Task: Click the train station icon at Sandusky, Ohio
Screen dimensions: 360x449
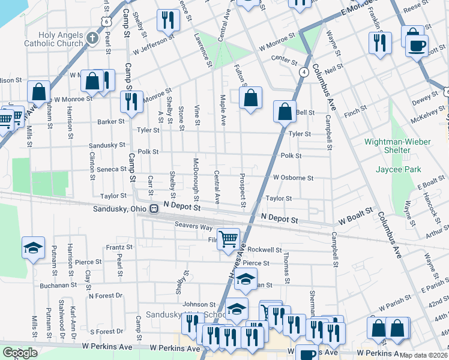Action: [154, 208]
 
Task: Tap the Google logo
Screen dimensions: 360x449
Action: [20, 353]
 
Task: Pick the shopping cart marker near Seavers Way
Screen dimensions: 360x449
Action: [228, 238]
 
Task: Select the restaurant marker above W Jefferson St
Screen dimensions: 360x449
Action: [167, 20]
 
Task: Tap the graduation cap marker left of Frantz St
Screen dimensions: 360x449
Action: [33, 247]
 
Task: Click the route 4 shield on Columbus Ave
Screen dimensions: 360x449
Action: [305, 72]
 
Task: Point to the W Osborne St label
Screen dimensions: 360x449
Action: [293, 178]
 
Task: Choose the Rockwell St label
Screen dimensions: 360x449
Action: [265, 250]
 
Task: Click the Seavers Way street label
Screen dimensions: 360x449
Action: [193, 227]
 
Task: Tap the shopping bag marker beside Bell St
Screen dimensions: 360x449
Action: [285, 111]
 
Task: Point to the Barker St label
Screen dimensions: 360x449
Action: [111, 122]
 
